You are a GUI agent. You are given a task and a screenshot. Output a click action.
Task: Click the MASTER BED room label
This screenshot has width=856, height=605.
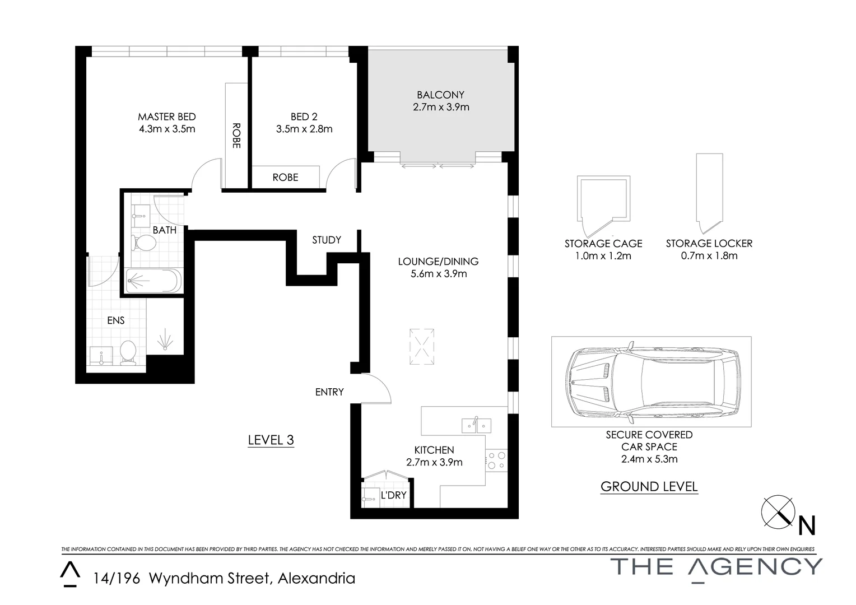coord(167,117)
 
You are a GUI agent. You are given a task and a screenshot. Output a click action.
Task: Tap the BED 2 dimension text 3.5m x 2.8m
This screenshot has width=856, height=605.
coord(304,129)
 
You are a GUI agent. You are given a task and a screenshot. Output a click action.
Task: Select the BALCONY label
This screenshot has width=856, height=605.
coord(440,95)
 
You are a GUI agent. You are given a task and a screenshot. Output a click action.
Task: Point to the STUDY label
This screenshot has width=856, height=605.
coord(327,240)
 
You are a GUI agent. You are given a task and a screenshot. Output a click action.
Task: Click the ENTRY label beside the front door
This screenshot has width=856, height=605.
coord(329,392)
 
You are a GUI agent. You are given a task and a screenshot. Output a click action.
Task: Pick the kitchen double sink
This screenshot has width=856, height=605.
coord(476,425)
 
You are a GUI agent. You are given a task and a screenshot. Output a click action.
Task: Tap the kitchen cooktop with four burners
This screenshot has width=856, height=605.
coord(496,460)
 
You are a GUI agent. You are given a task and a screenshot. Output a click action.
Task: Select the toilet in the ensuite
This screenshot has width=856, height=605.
coord(128,353)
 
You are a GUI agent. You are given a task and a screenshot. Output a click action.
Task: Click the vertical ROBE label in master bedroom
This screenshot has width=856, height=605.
coord(236,135)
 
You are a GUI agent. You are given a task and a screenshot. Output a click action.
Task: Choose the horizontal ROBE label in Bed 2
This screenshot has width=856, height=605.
coord(285,177)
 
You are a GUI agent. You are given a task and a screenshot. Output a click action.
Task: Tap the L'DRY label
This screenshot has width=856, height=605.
coord(393,495)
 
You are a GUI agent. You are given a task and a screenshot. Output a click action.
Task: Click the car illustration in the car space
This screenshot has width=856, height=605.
coord(651,381)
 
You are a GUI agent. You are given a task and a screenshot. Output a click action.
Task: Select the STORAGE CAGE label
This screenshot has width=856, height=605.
coord(603,244)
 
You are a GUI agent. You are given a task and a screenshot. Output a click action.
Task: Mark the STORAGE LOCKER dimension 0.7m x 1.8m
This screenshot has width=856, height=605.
coord(709,256)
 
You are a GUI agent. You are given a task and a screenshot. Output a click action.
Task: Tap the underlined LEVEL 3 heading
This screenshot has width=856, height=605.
coord(271,440)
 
